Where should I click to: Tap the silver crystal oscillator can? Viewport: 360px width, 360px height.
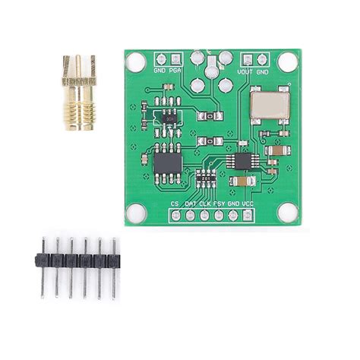(270, 103)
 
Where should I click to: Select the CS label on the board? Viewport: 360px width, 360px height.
(175, 204)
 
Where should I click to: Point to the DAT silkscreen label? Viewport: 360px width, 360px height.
(190, 204)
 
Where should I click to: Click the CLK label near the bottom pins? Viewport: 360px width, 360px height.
(204, 204)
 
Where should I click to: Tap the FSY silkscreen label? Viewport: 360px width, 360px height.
(219, 204)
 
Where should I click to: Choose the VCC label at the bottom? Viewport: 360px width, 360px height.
(248, 204)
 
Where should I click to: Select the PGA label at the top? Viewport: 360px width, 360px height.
(176, 71)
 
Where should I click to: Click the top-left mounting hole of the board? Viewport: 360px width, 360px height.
(135, 62)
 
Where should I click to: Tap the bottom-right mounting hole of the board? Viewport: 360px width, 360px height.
(288, 213)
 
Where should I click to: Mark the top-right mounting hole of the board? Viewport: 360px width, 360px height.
(288, 62)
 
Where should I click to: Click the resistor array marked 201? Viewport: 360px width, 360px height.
(204, 176)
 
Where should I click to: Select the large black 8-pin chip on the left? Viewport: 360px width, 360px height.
(167, 163)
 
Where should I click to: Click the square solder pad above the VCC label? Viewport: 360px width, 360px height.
(248, 215)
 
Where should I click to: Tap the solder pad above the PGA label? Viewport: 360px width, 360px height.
(176, 58)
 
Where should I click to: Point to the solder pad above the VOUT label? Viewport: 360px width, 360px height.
(248, 58)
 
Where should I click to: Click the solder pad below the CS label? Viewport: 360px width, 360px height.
(175, 215)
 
